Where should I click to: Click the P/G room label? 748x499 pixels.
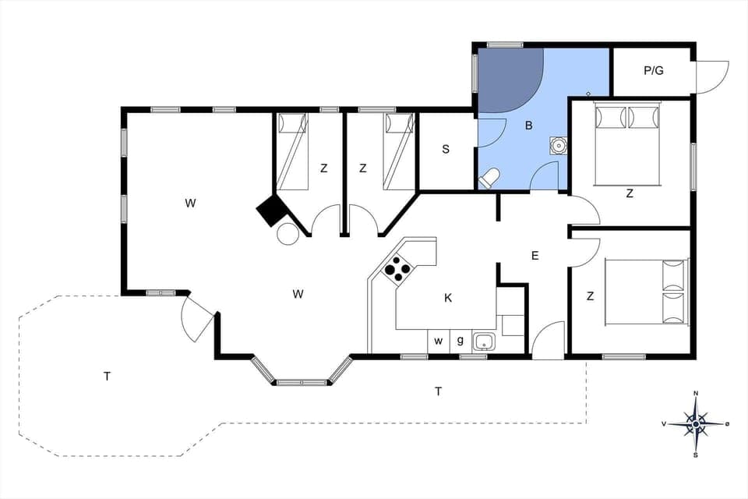(653, 71)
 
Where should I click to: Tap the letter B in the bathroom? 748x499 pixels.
(528, 125)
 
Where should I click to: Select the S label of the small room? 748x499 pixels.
(446, 150)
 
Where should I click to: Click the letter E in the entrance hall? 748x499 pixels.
(535, 255)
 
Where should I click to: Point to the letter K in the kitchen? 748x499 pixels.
(448, 297)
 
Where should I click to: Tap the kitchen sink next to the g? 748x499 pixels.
(485, 341)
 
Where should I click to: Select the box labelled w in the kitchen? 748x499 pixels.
(439, 341)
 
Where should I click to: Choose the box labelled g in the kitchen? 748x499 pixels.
(460, 341)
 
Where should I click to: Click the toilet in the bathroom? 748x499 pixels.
(489, 179)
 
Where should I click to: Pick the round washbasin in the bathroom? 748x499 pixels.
(559, 145)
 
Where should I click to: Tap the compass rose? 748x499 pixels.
(696, 423)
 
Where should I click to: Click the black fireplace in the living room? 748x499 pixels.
(272, 210)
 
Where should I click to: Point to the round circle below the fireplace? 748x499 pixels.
(288, 233)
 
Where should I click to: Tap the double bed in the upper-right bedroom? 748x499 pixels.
(627, 144)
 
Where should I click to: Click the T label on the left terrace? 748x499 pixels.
(107, 377)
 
